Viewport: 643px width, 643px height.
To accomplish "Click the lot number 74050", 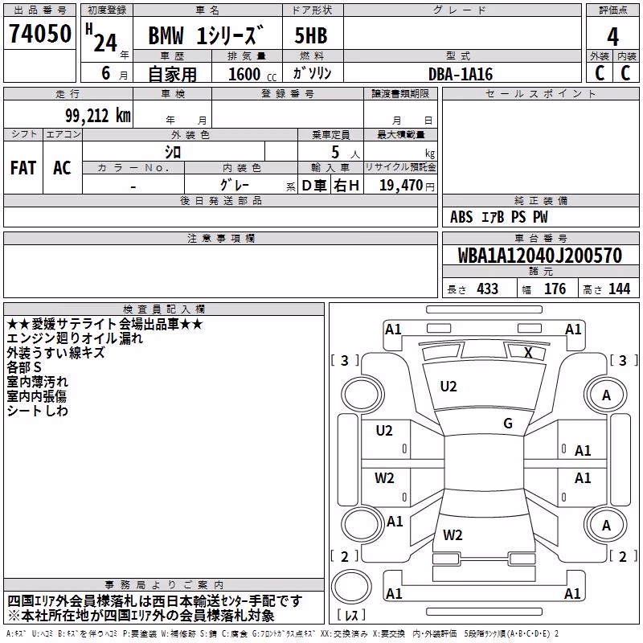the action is (x=40, y=34).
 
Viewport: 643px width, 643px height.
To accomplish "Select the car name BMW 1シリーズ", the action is (x=206, y=35).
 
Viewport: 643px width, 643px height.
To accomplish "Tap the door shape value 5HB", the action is (x=311, y=35).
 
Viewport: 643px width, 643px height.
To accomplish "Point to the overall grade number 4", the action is (x=612, y=37).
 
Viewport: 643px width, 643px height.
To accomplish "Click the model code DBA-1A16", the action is (x=461, y=74).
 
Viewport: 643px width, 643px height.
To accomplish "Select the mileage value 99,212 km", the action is (x=98, y=116).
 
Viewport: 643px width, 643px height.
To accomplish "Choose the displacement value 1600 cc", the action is (x=252, y=74).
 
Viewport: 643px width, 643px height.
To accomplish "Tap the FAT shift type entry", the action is (x=23, y=168).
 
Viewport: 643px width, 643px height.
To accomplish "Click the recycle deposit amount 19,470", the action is (x=401, y=185).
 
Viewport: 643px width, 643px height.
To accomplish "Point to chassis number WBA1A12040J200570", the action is (x=540, y=256).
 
